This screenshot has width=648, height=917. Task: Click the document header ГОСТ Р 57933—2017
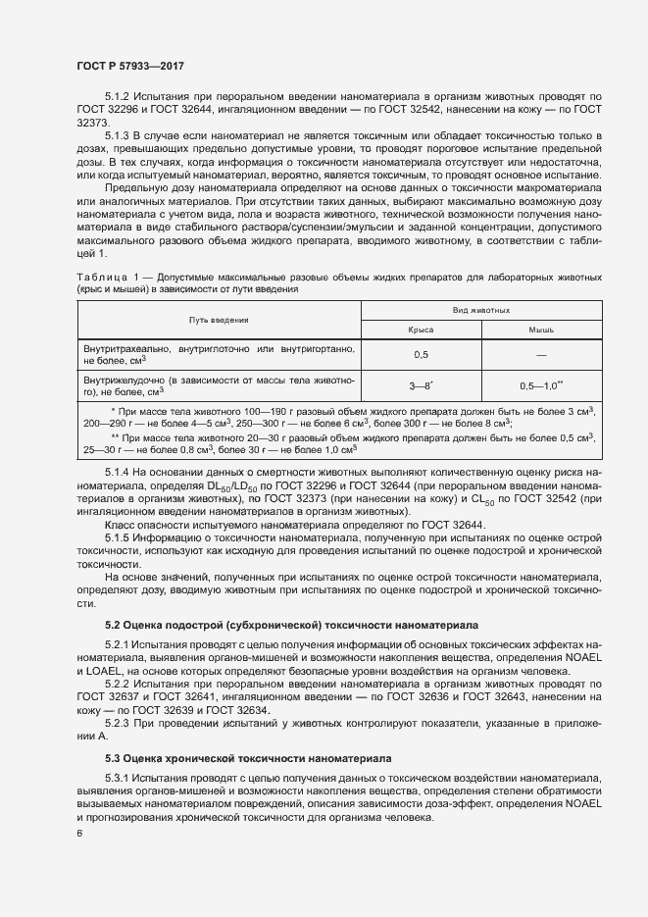tap(130, 65)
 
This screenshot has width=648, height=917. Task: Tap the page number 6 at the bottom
tap(79, 834)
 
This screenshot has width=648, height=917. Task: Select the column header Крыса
tap(422, 331)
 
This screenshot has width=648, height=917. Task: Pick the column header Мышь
tap(541, 331)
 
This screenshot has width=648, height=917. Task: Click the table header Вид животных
tap(480, 310)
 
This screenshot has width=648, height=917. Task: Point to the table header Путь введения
tap(219, 320)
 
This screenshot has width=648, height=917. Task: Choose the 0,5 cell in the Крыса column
tap(422, 355)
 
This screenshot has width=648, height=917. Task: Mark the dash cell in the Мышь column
tap(541, 355)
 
